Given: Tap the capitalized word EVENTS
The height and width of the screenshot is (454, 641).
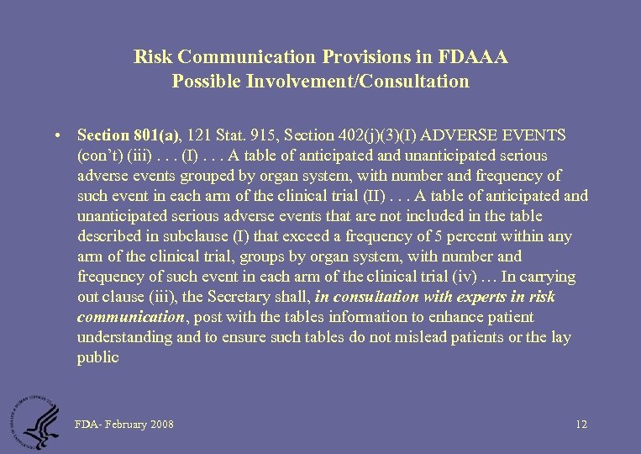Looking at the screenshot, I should (x=539, y=135).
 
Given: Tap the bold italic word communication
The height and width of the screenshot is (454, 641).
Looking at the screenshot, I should (x=130, y=317).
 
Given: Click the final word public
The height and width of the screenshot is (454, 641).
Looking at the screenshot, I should (x=97, y=357).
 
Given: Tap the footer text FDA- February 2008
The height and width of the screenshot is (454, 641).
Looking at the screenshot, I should (x=123, y=425).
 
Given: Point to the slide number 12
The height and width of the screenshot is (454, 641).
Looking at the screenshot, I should (x=581, y=425).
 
